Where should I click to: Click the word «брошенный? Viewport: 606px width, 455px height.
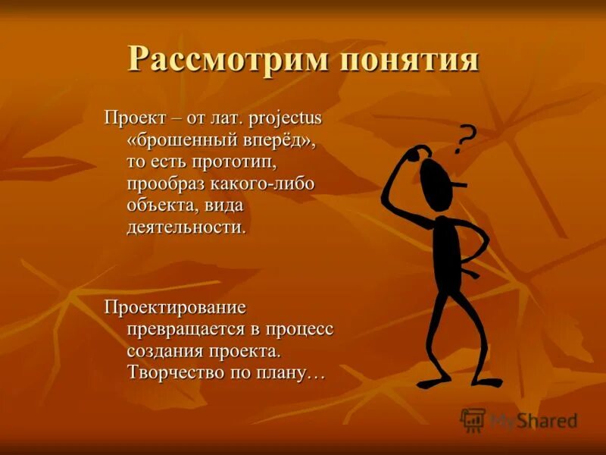coord(176,140)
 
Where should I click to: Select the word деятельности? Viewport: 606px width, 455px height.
coord(186,227)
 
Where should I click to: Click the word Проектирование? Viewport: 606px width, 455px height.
coord(176,308)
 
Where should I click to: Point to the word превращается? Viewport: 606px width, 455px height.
coord(181,329)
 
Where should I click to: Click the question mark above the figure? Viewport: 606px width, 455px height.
coord(467,139)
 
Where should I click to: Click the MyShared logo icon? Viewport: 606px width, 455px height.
coord(473,419)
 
